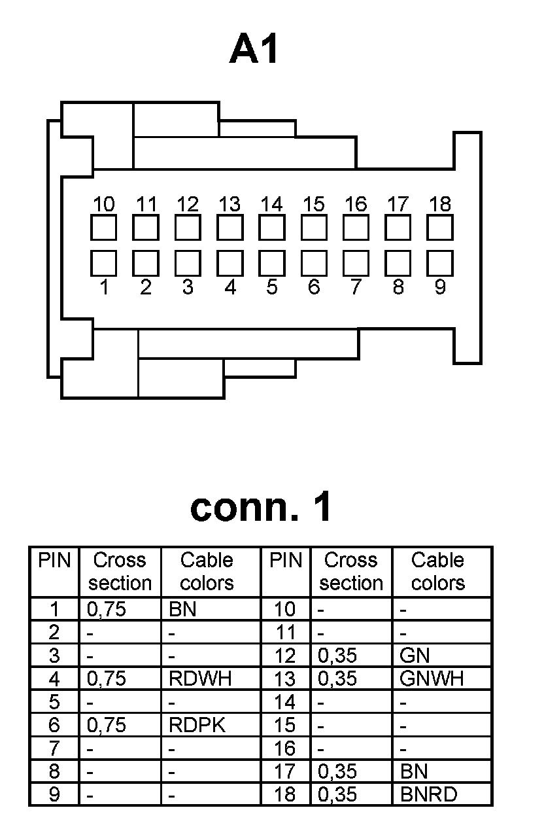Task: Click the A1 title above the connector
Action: [x=255, y=51]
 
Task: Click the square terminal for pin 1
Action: [x=103, y=263]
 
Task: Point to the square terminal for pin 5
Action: [x=271, y=263]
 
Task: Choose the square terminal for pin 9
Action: [x=440, y=263]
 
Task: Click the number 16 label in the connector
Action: [x=356, y=204]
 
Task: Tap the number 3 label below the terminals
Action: [x=188, y=287]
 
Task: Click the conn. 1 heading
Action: [x=261, y=507]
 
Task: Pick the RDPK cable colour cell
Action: [x=197, y=725]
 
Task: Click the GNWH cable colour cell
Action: [x=431, y=679]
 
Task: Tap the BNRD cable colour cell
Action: [x=428, y=794]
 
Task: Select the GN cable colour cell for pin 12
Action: [x=415, y=656]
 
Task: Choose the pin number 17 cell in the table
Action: [x=285, y=771]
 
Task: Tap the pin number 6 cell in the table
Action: [x=54, y=725]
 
